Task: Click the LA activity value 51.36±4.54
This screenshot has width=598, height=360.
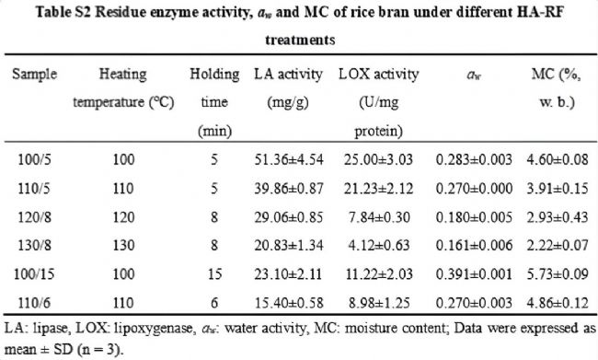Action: (289, 159)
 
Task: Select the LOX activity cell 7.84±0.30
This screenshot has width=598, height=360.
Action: (379, 217)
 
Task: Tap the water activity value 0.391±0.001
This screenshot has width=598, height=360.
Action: (474, 273)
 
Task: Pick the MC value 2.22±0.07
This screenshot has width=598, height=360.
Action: (558, 245)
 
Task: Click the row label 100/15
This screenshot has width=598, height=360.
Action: (34, 273)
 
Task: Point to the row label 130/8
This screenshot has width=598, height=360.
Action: (34, 245)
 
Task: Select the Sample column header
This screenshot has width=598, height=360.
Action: (34, 74)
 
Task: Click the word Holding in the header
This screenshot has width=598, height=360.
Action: (214, 74)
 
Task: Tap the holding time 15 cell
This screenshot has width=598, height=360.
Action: (214, 273)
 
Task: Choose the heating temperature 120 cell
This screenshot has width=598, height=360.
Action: (123, 217)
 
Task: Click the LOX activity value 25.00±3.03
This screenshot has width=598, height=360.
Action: (378, 159)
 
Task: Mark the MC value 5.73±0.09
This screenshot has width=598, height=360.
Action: (558, 273)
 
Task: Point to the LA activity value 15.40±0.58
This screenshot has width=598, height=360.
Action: (289, 303)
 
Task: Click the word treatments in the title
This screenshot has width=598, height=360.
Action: (300, 40)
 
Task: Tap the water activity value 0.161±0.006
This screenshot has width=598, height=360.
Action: (474, 245)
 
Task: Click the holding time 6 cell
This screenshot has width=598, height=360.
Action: (214, 303)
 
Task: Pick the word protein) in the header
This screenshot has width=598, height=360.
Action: (378, 131)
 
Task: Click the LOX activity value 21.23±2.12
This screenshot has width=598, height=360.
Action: (378, 188)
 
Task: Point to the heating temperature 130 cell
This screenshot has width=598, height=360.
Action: (123, 245)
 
